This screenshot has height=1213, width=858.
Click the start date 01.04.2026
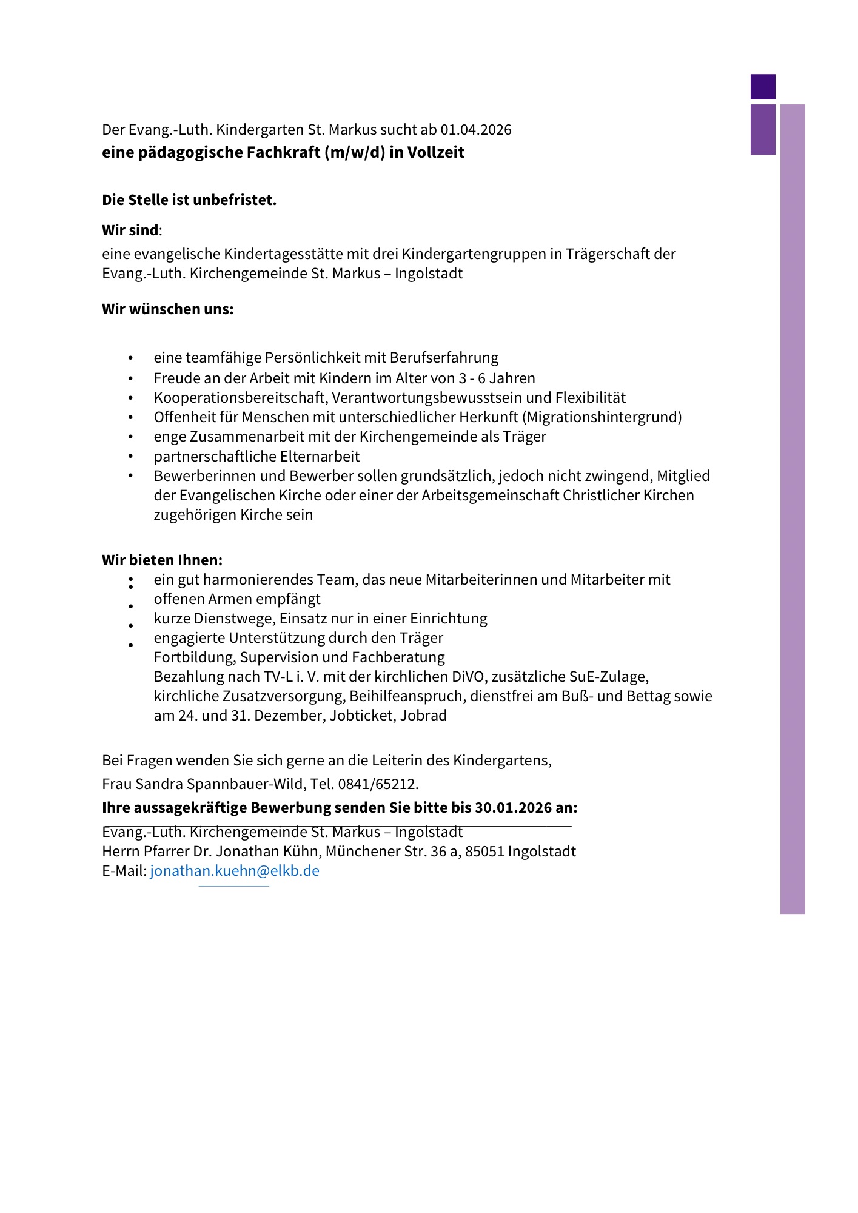coord(476,130)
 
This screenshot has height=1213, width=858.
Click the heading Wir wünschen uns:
coord(167,309)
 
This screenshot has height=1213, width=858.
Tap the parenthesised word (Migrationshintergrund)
coord(602,417)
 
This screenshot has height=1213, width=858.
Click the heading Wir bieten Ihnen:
coord(162,560)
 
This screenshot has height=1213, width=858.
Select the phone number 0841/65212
coord(378,784)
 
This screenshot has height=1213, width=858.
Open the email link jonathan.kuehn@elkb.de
coord(235,871)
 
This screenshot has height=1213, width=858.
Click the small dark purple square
coord(763,87)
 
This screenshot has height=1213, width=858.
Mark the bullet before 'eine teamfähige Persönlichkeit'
coord(130,358)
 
